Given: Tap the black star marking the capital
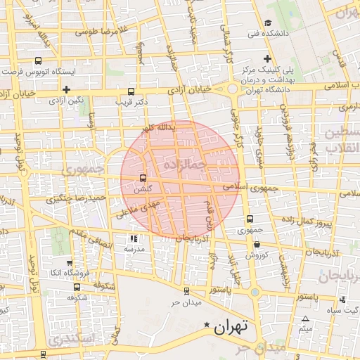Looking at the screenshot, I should click(x=206, y=325).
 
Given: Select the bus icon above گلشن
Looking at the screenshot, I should click(x=143, y=178).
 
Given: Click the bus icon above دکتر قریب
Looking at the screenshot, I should click(x=131, y=91).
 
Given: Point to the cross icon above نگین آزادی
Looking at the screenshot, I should click(x=65, y=89).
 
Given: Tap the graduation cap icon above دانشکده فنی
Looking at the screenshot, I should click(x=269, y=22).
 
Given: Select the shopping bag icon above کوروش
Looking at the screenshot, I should click(x=257, y=245).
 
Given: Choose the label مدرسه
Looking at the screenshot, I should click(x=134, y=249).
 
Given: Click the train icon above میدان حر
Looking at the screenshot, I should click(x=186, y=290).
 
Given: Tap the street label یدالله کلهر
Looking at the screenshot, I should click(x=156, y=129).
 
